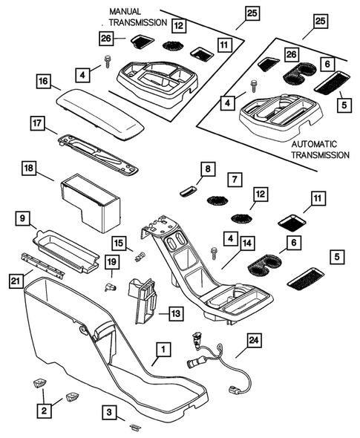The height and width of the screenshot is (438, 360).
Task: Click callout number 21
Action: [15, 280]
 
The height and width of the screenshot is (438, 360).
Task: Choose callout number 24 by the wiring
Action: [254, 341]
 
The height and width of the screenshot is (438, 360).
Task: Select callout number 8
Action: [207, 170]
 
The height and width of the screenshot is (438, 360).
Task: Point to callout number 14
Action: [246, 242]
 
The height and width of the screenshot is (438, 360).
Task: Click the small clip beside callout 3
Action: [134, 426]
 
